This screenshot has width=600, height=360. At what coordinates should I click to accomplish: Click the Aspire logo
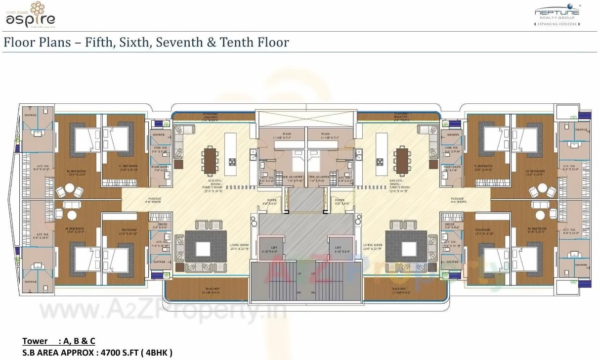click(x=30, y=15)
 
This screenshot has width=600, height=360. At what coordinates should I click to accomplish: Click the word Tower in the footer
click(x=35, y=341)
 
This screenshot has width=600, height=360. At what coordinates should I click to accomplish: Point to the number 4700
click(x=111, y=353)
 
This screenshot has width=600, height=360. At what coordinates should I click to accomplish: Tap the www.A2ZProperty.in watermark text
click(x=163, y=312)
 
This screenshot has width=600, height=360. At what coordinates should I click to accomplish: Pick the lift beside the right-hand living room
click(x=338, y=250)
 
